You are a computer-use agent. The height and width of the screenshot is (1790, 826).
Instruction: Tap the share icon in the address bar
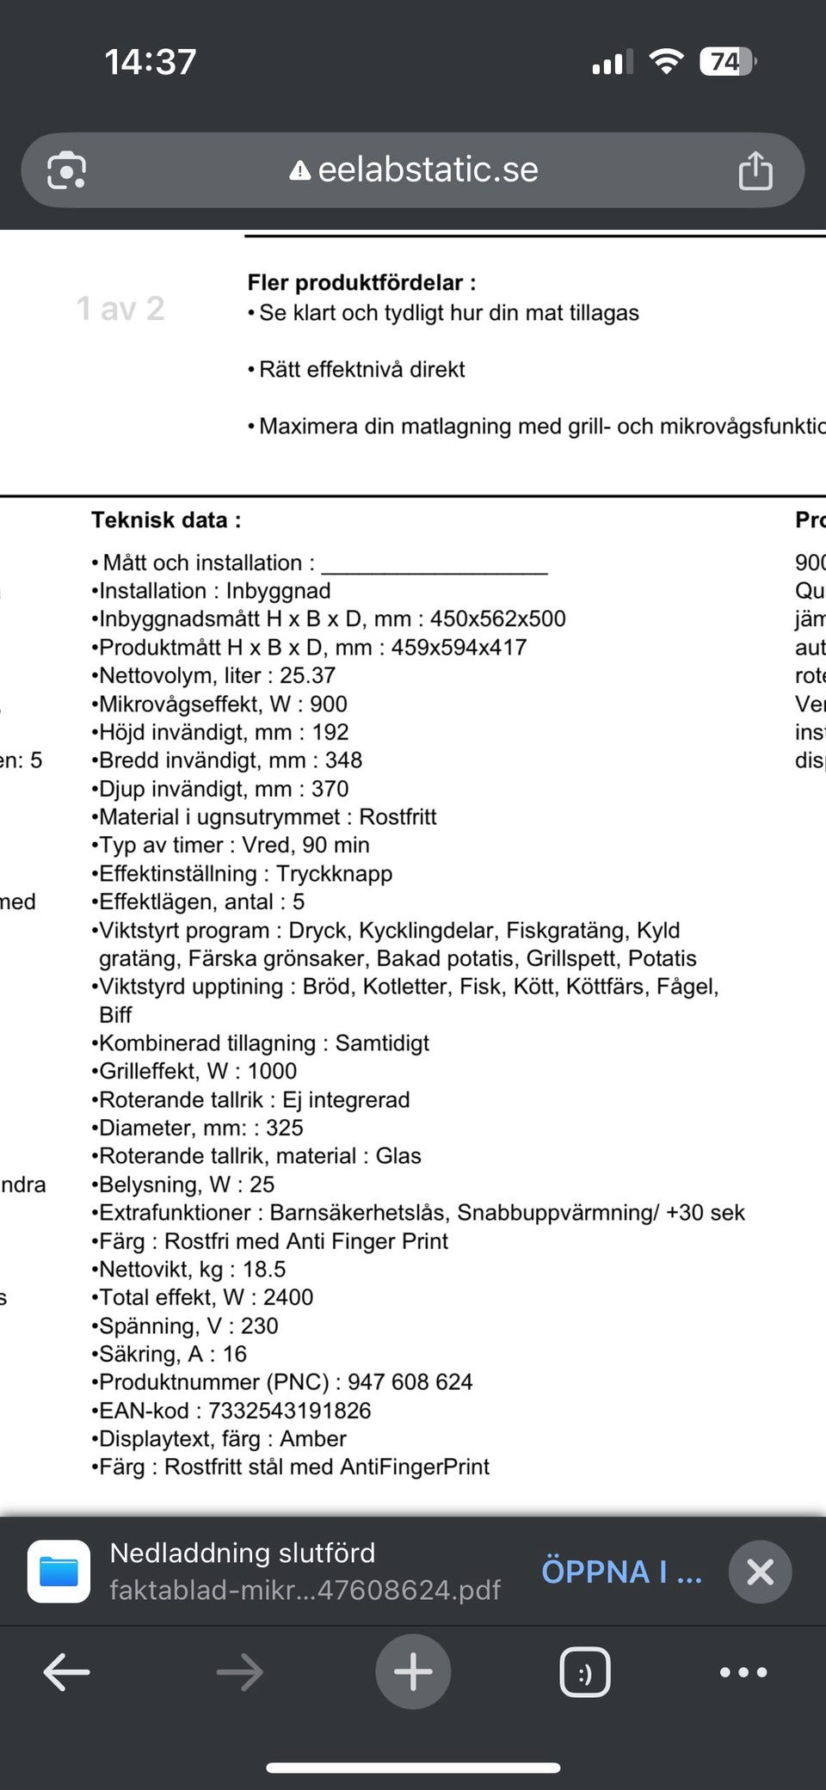pyautogui.click(x=755, y=170)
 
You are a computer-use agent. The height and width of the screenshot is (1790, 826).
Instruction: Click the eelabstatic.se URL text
pyautogui.click(x=428, y=170)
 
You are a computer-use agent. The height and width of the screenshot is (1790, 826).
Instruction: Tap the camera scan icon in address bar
pyautogui.click(x=66, y=170)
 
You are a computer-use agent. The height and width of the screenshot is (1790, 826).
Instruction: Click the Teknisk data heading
pyautogui.click(x=166, y=520)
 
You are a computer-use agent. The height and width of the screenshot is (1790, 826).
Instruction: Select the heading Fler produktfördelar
pyautogui.click(x=361, y=282)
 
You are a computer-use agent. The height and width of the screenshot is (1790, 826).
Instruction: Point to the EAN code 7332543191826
pyautogui.click(x=289, y=1411)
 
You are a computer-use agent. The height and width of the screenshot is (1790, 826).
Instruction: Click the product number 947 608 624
pyautogui.click(x=410, y=1382)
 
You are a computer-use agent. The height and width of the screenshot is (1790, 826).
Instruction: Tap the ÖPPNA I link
pyautogui.click(x=621, y=1572)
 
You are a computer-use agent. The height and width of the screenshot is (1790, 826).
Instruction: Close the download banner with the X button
pyautogui.click(x=760, y=1572)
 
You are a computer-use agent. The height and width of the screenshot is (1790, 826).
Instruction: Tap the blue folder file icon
pyautogui.click(x=59, y=1572)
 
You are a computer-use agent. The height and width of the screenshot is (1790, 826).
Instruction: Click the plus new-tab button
pyautogui.click(x=413, y=1672)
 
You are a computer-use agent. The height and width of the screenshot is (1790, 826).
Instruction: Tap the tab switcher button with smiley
pyautogui.click(x=585, y=1672)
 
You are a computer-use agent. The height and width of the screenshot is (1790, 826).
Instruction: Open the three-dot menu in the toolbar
pyautogui.click(x=743, y=1672)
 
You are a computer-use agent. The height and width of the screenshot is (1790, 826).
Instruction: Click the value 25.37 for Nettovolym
pyautogui.click(x=307, y=676)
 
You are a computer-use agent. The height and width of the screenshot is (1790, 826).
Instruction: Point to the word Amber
pyautogui.click(x=313, y=1439)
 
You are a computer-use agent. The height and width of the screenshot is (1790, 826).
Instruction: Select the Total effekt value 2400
pyautogui.click(x=287, y=1297)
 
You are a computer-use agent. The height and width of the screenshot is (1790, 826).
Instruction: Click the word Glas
pyautogui.click(x=398, y=1156)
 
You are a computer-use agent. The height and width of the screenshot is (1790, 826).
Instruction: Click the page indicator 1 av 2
pyautogui.click(x=120, y=308)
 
